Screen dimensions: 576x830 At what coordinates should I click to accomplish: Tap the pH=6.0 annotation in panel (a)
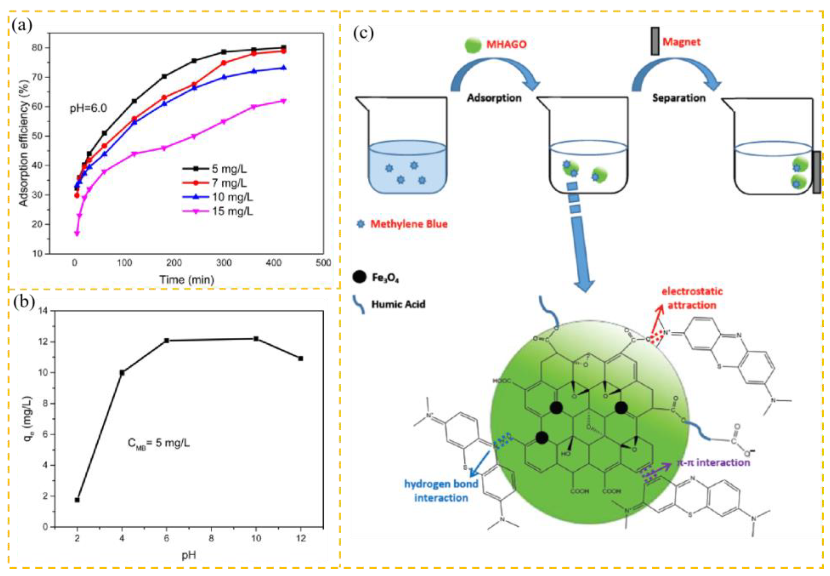[x=88, y=108]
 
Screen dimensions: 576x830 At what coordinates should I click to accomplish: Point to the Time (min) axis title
[x=187, y=279]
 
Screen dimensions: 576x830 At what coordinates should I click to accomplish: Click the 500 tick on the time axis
[x=323, y=263]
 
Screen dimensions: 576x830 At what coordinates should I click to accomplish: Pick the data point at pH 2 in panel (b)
[x=77, y=500]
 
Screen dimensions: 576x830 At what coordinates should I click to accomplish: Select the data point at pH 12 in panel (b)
[x=300, y=358]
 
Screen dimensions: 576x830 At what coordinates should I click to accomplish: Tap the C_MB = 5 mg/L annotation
[x=159, y=443]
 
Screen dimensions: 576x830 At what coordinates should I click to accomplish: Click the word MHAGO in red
[x=506, y=44]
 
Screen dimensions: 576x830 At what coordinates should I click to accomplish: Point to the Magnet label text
[x=681, y=42]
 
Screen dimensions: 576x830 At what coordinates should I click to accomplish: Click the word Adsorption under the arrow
[x=494, y=98]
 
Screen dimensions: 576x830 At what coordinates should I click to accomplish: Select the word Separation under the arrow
[x=678, y=98]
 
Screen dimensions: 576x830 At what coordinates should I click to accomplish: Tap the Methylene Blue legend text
[x=409, y=224]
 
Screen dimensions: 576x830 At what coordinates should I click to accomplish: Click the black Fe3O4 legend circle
[x=359, y=277]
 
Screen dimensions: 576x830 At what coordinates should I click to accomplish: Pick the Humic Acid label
[x=398, y=304]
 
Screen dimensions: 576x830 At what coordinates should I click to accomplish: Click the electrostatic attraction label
[x=692, y=298]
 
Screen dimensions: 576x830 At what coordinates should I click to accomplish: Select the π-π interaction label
[x=714, y=462]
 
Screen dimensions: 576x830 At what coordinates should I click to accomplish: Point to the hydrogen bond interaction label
[x=441, y=491]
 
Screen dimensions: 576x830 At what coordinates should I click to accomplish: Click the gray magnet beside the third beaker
[x=816, y=172]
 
